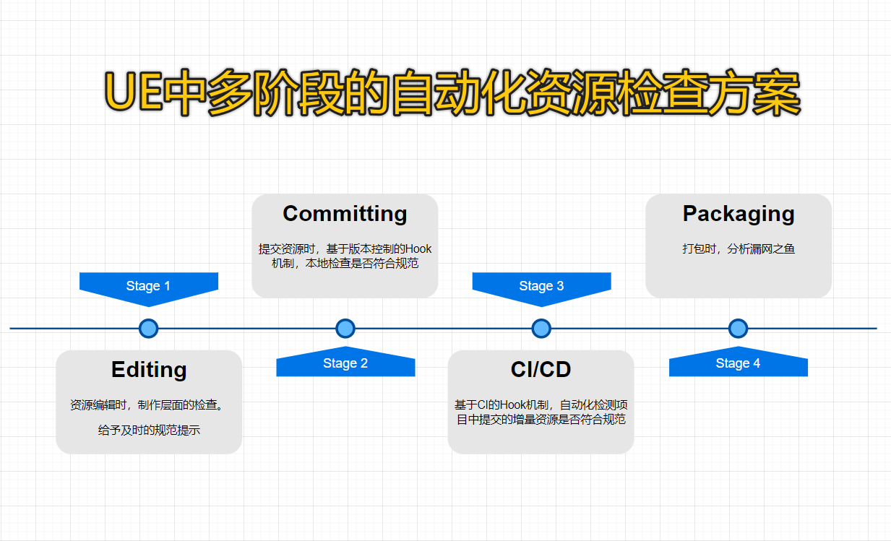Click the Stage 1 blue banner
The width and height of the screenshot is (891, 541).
148,286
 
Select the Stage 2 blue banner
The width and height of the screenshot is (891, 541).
345,363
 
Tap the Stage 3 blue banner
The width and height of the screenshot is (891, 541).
541,286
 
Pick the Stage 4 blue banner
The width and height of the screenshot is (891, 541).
738,363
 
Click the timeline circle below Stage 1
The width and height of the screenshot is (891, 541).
148,329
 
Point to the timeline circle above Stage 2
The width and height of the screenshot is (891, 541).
345,329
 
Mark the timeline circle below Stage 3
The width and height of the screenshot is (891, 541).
541,329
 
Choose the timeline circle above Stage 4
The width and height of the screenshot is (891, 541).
738,329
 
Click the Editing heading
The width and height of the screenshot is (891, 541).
149,370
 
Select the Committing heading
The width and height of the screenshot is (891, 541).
345,214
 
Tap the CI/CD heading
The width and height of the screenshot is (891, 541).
541,370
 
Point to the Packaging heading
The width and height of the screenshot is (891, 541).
738,214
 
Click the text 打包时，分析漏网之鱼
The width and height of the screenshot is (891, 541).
738,249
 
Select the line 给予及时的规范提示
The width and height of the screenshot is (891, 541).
149,430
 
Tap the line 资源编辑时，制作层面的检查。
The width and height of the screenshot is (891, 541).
148,405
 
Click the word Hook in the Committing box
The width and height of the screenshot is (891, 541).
418,249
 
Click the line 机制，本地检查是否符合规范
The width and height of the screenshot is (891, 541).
345,264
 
